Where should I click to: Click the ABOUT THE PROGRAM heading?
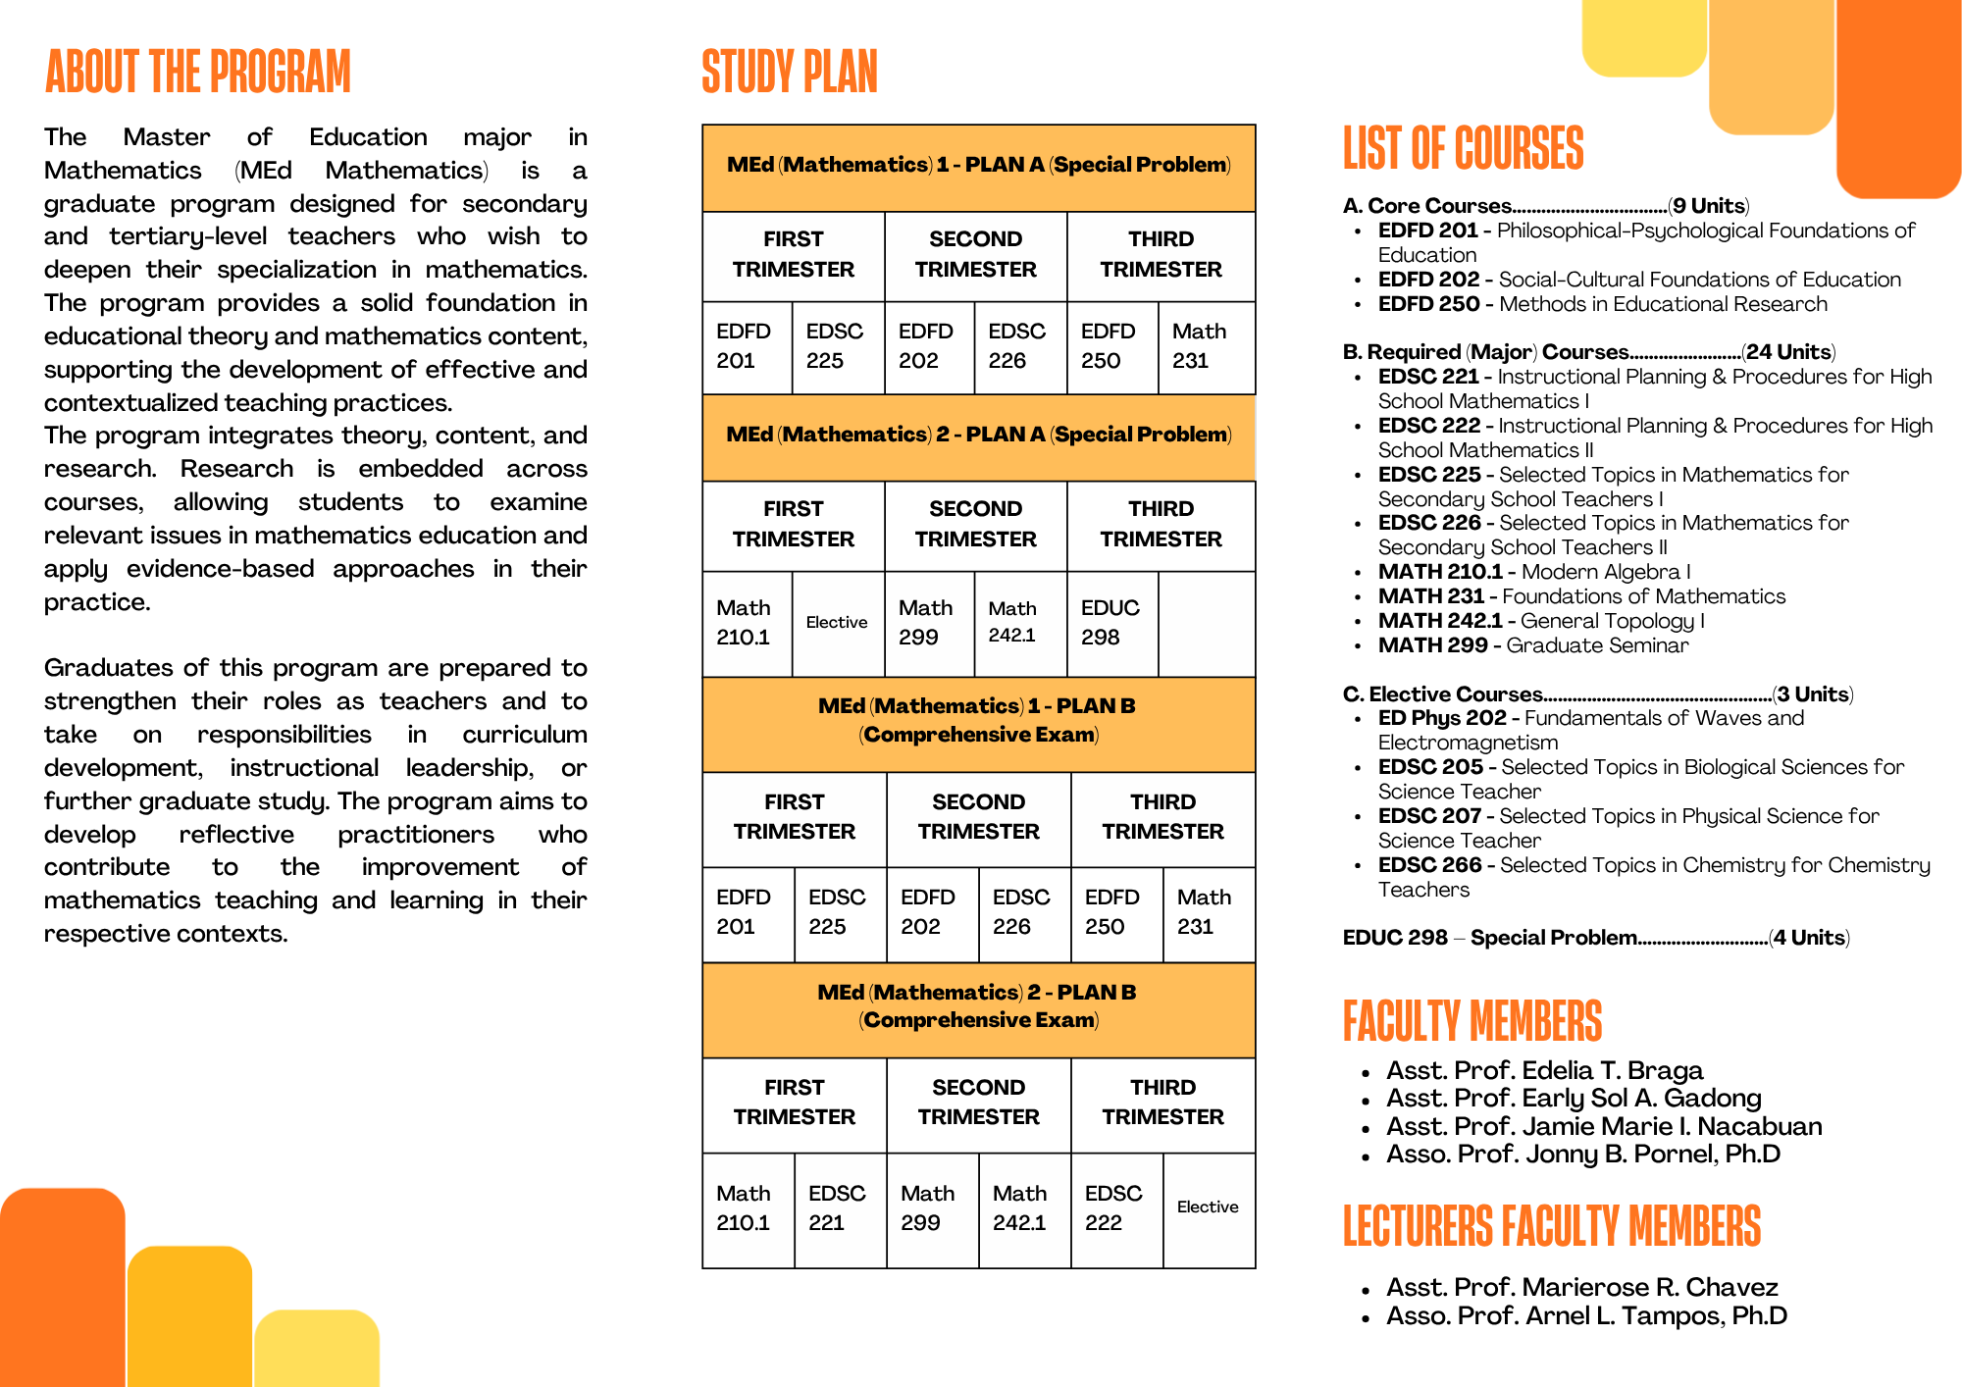[x=198, y=73]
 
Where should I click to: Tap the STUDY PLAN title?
[x=790, y=73]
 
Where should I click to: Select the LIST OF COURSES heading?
[x=1463, y=149]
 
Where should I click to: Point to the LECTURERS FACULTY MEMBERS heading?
[x=1551, y=1226]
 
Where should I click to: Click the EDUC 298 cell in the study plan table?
[x=1110, y=623]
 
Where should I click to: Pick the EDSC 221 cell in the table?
[x=837, y=1207]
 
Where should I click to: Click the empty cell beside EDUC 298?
[x=1207, y=624]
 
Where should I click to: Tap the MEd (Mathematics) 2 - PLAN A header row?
[x=978, y=435]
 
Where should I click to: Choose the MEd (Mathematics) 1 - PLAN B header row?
[x=978, y=720]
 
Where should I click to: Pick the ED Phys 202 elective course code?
[x=1441, y=718]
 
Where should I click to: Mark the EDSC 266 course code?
[x=1429, y=865]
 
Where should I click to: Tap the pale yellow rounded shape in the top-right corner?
[x=1644, y=37]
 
